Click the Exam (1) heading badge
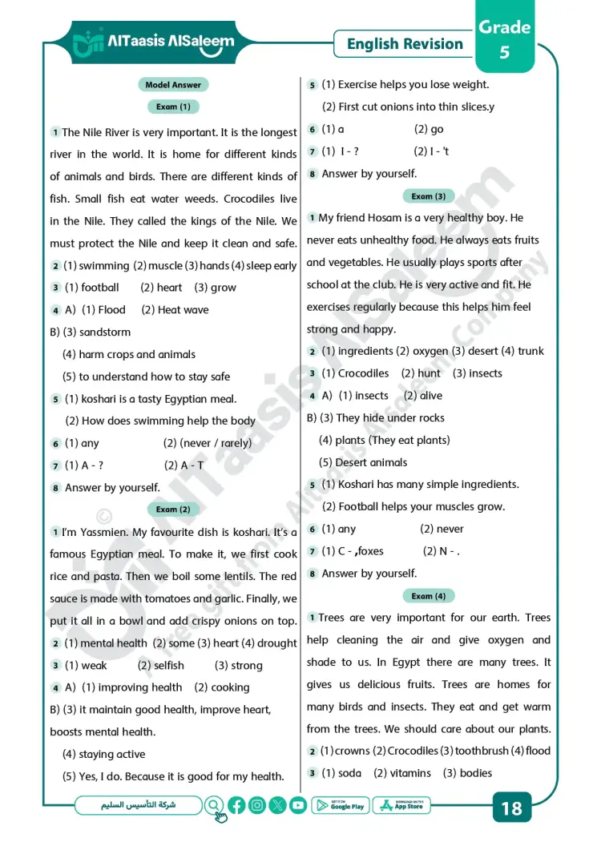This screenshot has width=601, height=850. click(x=173, y=107)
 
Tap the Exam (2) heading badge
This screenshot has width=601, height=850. click(x=173, y=510)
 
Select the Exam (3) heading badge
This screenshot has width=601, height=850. click(x=429, y=196)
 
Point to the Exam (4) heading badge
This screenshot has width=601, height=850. click(x=429, y=596)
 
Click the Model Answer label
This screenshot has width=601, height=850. click(x=173, y=85)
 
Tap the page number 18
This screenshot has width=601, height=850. click(x=511, y=808)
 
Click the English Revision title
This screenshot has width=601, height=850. click(x=405, y=44)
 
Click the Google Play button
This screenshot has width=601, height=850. click(x=341, y=806)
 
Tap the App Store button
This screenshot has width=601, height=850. click(x=402, y=806)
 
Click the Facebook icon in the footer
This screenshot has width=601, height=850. click(x=236, y=806)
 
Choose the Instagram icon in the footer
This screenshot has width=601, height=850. click(x=257, y=806)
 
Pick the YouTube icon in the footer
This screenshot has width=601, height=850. click(x=298, y=806)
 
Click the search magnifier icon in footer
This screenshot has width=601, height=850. click(x=215, y=806)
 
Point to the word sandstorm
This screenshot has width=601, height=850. click(x=105, y=332)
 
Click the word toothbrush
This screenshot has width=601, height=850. click(x=480, y=751)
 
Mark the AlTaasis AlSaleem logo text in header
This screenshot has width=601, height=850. click(x=170, y=41)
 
